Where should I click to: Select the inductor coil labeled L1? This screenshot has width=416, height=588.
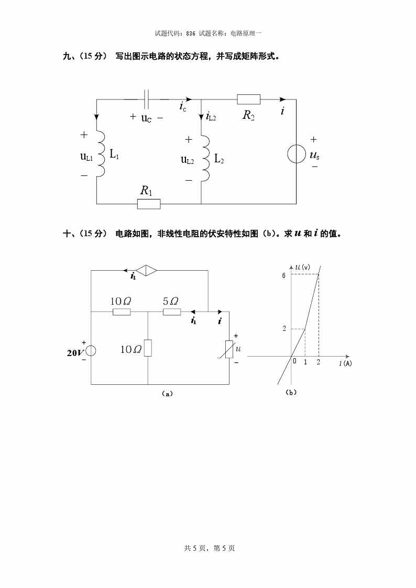tap(102, 154)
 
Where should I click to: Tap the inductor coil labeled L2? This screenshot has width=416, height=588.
tap(206, 158)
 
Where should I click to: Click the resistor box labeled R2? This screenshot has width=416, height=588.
tap(248, 99)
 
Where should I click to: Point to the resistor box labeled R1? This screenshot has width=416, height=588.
tap(149, 204)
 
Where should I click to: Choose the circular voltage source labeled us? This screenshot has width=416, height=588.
tap(296, 155)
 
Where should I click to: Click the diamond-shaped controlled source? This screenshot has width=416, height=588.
tap(146, 271)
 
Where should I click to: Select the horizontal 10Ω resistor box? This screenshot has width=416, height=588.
tap(122, 313)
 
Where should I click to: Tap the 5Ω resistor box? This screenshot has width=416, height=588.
tap(172, 313)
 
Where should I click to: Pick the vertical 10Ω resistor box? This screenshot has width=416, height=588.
tap(148, 348)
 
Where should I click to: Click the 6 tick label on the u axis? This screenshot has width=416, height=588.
tap(283, 275)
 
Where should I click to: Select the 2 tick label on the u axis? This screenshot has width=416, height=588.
tap(284, 329)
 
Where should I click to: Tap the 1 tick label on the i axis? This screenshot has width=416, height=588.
tap(305, 362)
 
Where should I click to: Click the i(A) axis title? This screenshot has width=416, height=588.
tap(345, 363)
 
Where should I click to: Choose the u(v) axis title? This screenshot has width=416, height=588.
tap(302, 268)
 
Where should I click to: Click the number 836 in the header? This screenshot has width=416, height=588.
tap(191, 33)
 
